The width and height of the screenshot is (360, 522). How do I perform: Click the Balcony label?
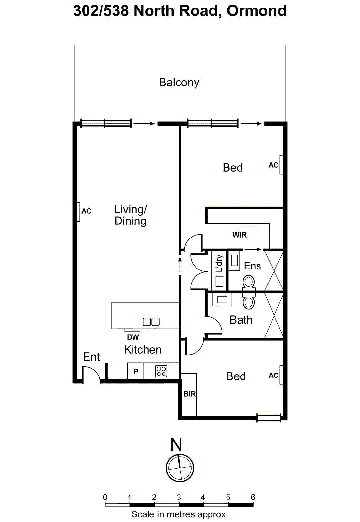179,83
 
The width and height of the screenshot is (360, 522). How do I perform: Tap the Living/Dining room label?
130,215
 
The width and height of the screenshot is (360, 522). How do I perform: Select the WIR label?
240,235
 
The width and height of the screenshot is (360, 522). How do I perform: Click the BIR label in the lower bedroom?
189,394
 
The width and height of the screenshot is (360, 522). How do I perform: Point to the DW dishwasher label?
133,337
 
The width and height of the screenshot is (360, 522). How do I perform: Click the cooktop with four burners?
161,371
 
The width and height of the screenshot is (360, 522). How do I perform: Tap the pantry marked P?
136,371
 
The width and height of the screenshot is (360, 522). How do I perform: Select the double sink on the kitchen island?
151,322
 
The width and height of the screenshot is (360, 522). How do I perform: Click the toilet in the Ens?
249,282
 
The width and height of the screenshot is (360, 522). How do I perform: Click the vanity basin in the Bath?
222,299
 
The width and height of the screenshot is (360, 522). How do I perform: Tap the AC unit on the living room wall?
78,212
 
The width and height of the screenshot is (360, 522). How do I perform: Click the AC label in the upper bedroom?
273,165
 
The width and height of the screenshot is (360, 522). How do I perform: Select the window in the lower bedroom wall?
269,418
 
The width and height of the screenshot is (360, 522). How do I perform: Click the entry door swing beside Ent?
90,375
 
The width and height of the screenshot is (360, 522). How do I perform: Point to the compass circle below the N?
180,468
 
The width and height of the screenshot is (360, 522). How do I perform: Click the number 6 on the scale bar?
253,497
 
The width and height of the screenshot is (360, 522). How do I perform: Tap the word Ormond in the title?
257,11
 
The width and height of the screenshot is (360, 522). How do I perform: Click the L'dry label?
219,263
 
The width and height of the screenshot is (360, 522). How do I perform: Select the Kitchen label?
143,350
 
